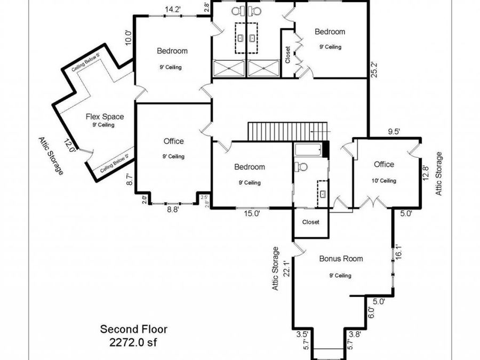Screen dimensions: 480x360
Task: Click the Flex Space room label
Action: pos(105,117)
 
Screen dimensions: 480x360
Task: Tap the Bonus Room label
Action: pos(341,259)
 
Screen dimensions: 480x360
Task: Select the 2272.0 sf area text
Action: pos(133,342)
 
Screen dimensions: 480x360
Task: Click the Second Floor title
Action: pos(134,330)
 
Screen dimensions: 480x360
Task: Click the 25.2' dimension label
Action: pos(374,70)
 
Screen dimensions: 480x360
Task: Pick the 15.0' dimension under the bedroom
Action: pos(252,214)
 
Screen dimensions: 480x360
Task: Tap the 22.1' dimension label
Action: pos(287,268)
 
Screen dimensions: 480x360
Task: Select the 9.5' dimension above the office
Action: pos(394,132)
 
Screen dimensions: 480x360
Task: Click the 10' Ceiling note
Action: pos(384,181)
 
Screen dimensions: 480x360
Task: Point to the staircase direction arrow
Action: pos(321,131)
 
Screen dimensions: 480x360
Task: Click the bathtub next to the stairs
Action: pos(308,150)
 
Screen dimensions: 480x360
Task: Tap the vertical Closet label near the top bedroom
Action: pos(287,55)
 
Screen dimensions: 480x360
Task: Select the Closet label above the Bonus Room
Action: pos(311,222)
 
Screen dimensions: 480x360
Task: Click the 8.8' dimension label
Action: pos(173,210)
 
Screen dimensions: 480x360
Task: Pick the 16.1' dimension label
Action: pos(398,252)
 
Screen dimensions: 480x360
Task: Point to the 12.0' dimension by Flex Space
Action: pos(69,146)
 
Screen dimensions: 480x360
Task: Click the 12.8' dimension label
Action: pos(426,173)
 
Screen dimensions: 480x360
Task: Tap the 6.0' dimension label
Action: pos(371,313)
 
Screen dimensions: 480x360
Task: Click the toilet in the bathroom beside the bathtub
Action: pos(301,167)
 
